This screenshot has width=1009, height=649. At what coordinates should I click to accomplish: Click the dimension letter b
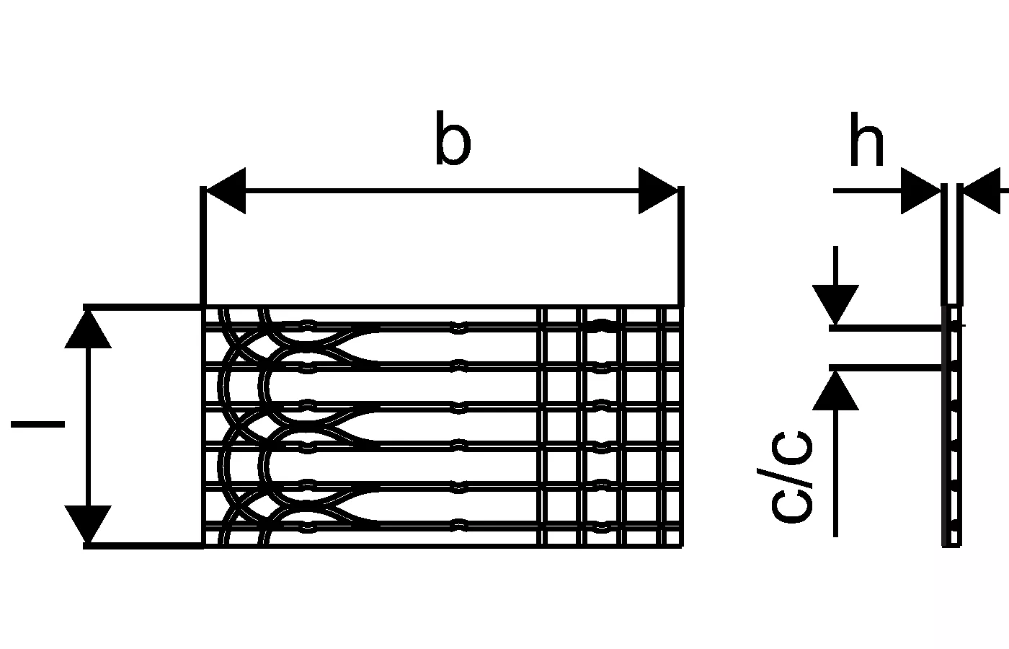(453, 139)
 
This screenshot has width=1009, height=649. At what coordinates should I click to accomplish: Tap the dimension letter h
(866, 139)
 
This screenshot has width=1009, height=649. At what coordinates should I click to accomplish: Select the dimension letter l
(37, 424)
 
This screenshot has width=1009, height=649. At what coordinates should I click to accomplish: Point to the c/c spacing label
(791, 476)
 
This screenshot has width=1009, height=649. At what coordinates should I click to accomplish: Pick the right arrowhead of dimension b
(659, 191)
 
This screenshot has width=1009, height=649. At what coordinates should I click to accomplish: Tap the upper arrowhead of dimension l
(88, 330)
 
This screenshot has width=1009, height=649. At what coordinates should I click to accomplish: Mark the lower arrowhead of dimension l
(88, 524)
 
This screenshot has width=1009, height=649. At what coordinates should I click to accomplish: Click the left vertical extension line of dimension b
(203, 245)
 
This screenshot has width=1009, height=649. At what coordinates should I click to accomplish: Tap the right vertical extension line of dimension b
(681, 245)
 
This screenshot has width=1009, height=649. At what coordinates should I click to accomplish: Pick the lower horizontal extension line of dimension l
(144, 546)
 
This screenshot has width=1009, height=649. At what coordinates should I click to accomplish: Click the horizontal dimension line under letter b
(443, 191)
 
